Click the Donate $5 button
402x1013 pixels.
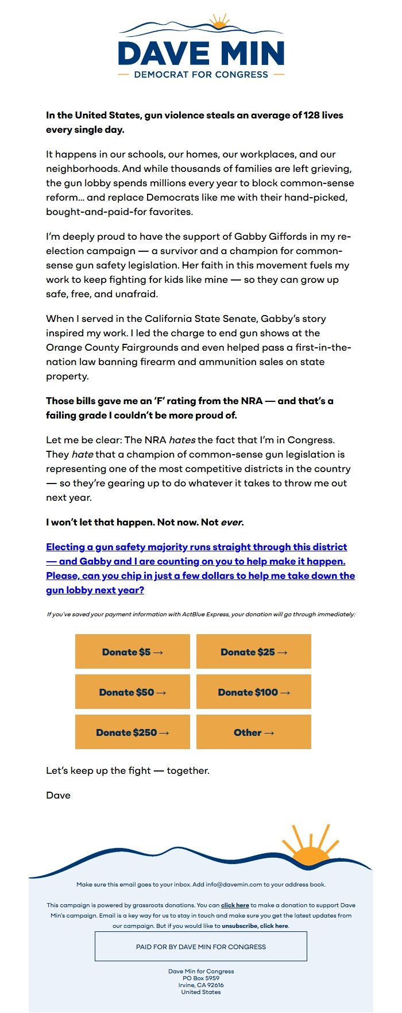[132, 652]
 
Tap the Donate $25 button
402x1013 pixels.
[253, 652]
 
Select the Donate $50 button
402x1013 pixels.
[132, 692]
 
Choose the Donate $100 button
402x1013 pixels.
[253, 692]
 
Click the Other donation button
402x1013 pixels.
[253, 732]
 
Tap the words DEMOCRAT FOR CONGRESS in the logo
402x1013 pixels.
[201, 75]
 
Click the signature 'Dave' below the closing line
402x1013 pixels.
[58, 795]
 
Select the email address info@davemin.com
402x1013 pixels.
[234, 884]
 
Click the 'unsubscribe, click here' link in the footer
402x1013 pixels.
[255, 926]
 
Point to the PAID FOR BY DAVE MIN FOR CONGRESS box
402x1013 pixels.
[201, 946]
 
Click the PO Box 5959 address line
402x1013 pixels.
[201, 978]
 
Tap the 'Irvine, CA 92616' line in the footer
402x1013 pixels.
[201, 985]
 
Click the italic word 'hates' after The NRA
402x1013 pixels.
[181, 440]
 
